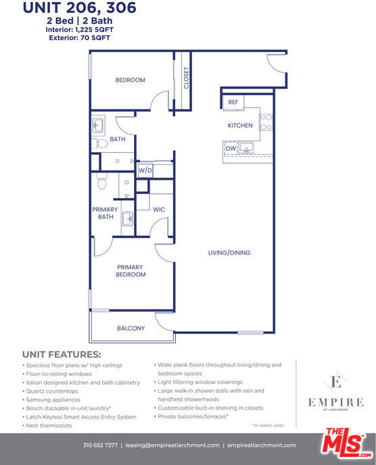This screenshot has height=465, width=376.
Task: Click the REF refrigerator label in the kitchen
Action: pos(233,102)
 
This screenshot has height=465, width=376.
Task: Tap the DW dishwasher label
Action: pos(231,148)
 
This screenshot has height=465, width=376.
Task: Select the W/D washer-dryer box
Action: pos(145,170)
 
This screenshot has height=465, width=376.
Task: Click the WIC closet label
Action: pos(159,210)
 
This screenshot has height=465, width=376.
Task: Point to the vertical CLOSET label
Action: pos(187,78)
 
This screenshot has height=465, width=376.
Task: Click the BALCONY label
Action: pos(131,328)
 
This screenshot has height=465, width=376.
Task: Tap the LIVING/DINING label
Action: pos(229,253)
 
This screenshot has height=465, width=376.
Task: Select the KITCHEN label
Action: pos(240,126)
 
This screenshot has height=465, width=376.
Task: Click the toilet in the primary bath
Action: pos(101,181)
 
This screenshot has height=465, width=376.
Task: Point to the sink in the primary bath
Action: pos(128,219)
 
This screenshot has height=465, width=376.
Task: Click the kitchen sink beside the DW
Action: pos(246,147)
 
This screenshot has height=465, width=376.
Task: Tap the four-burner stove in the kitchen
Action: pos(266,122)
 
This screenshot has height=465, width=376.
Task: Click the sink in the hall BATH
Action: pos(97,125)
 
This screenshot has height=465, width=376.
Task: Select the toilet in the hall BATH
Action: pos(99,144)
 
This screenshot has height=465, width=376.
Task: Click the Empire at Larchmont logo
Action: pos(336,392)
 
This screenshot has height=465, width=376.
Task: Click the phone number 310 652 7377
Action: pos(100,445)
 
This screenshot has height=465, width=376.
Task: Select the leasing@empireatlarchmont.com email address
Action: pos(172,445)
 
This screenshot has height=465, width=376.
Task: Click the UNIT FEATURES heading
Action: pos(62,354)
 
